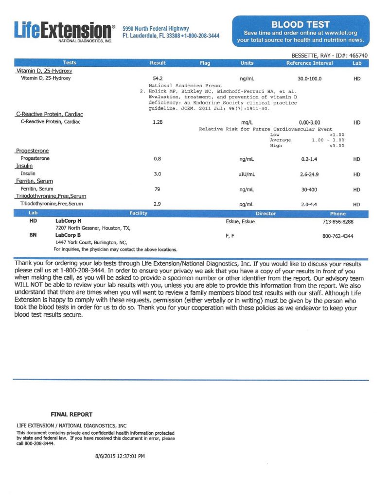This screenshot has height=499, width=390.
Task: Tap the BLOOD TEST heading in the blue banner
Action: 300,24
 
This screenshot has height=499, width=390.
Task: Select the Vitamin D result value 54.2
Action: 158,78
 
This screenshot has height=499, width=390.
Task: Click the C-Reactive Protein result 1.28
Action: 158,122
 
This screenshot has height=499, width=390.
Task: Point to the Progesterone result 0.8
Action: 157,159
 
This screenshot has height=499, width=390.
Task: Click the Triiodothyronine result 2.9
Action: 157,204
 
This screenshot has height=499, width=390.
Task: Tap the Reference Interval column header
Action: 309,63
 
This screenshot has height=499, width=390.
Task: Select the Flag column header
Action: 205,63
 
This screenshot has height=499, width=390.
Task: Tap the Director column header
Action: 266,214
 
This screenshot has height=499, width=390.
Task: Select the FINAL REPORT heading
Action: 71,415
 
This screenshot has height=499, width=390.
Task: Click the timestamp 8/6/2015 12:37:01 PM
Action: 120,457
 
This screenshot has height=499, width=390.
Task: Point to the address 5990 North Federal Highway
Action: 156,29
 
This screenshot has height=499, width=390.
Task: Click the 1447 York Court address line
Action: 91,242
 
